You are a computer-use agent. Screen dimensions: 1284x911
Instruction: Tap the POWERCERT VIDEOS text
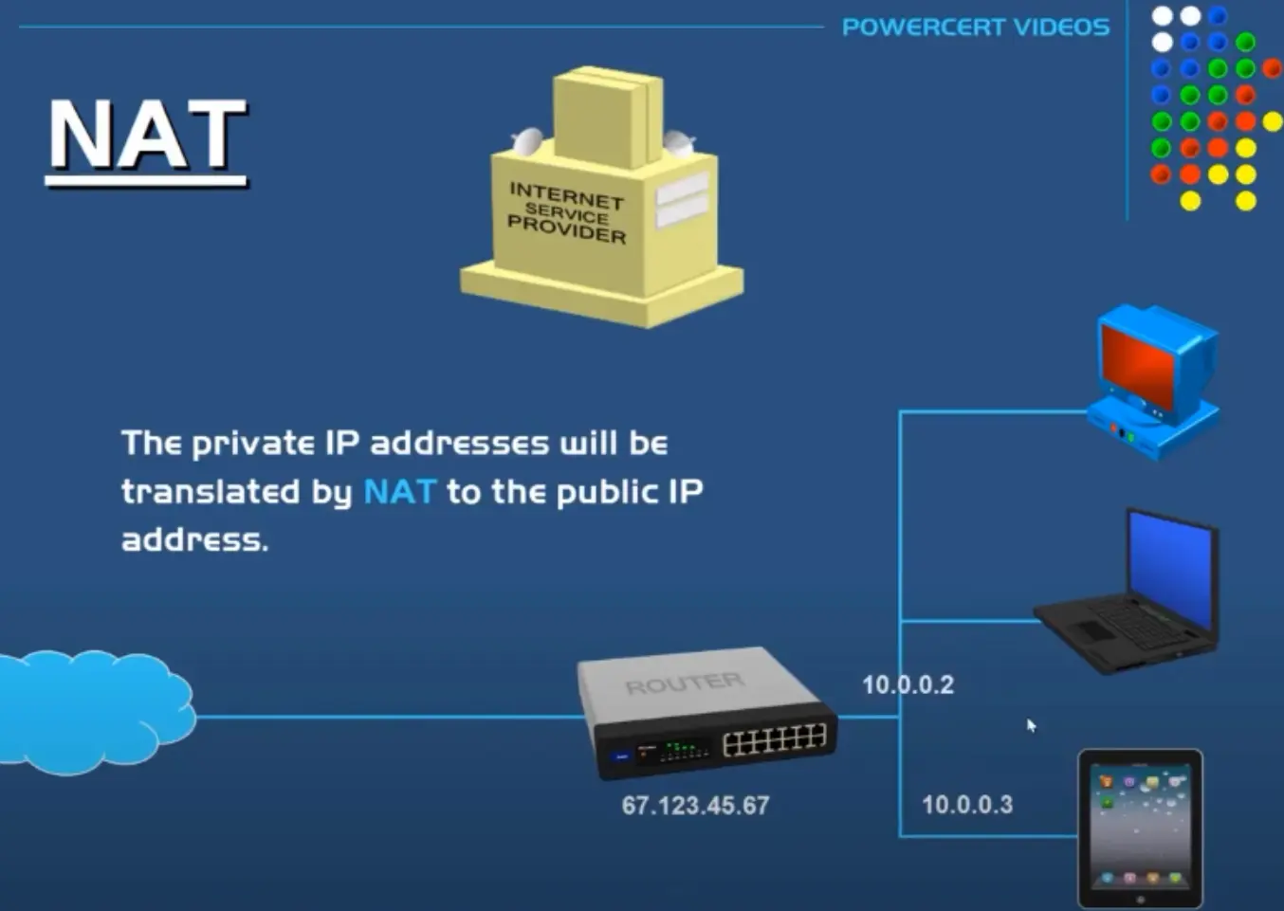point(975,27)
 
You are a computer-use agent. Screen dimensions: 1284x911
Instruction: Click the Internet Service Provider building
point(602,204)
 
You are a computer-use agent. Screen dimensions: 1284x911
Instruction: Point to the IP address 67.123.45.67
point(695,806)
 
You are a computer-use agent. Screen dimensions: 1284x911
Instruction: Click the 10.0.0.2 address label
point(908,684)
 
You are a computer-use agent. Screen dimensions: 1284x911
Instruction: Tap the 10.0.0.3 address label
point(967,805)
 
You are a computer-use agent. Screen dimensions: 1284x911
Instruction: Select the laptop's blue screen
point(1170,568)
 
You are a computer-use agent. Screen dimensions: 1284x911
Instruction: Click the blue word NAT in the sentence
point(399,492)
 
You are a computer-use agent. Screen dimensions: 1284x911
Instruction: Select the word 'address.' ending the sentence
point(194,540)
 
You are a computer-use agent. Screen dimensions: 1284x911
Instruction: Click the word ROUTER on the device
point(685,683)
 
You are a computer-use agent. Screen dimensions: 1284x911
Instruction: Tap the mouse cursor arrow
point(1031,725)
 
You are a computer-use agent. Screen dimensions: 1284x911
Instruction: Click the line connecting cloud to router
point(389,717)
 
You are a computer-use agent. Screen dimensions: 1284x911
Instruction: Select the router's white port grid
point(774,739)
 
